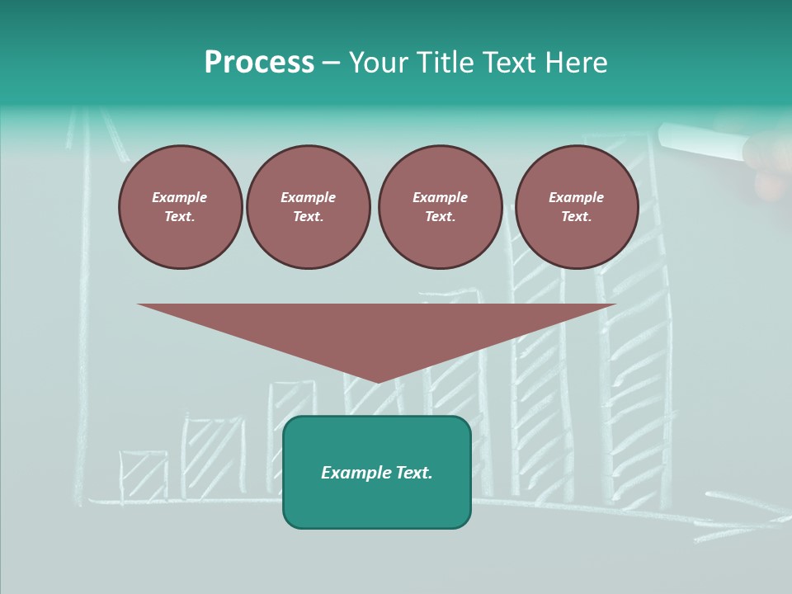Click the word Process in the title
(x=259, y=63)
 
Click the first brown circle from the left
(x=180, y=207)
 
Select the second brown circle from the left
(x=308, y=207)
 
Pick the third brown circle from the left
(x=440, y=207)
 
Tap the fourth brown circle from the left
(x=576, y=207)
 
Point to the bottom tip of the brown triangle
(x=378, y=381)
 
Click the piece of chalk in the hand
(x=701, y=140)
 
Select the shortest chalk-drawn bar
(x=144, y=476)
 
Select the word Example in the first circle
(x=179, y=197)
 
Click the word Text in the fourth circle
(x=576, y=216)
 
